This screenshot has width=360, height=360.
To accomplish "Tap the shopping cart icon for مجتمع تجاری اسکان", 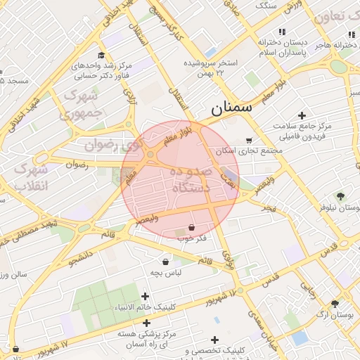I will point(250,140).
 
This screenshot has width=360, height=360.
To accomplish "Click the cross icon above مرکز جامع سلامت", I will point(302,115).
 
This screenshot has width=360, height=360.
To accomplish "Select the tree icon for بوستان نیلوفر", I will point(341,196).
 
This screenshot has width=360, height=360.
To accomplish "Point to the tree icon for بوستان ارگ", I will point(335,304).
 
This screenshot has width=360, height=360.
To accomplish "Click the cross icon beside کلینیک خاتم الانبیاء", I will point(146,297).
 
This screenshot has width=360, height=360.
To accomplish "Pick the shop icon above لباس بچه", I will point(166,261).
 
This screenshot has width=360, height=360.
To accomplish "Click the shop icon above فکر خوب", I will point(191,228).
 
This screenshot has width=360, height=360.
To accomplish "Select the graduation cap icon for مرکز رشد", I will point(101,55).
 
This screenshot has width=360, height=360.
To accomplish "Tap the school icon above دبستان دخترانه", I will point(283,32).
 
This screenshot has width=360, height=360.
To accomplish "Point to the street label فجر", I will point(267,210).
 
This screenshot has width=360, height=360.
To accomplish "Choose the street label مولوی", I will point(228,259).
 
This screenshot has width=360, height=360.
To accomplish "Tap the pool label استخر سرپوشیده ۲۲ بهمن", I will point(211,67).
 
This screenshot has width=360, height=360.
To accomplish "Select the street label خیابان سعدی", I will point(266,330).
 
